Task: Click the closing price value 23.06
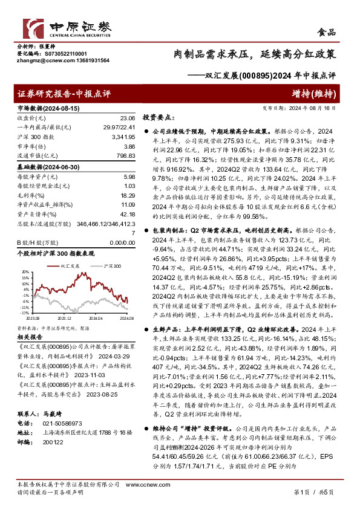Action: (128, 118)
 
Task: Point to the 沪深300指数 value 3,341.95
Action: (123, 137)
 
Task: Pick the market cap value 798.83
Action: (125, 157)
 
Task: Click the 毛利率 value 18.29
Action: (128, 195)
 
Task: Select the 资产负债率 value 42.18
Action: (128, 215)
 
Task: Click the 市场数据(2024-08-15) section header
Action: (43, 108)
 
